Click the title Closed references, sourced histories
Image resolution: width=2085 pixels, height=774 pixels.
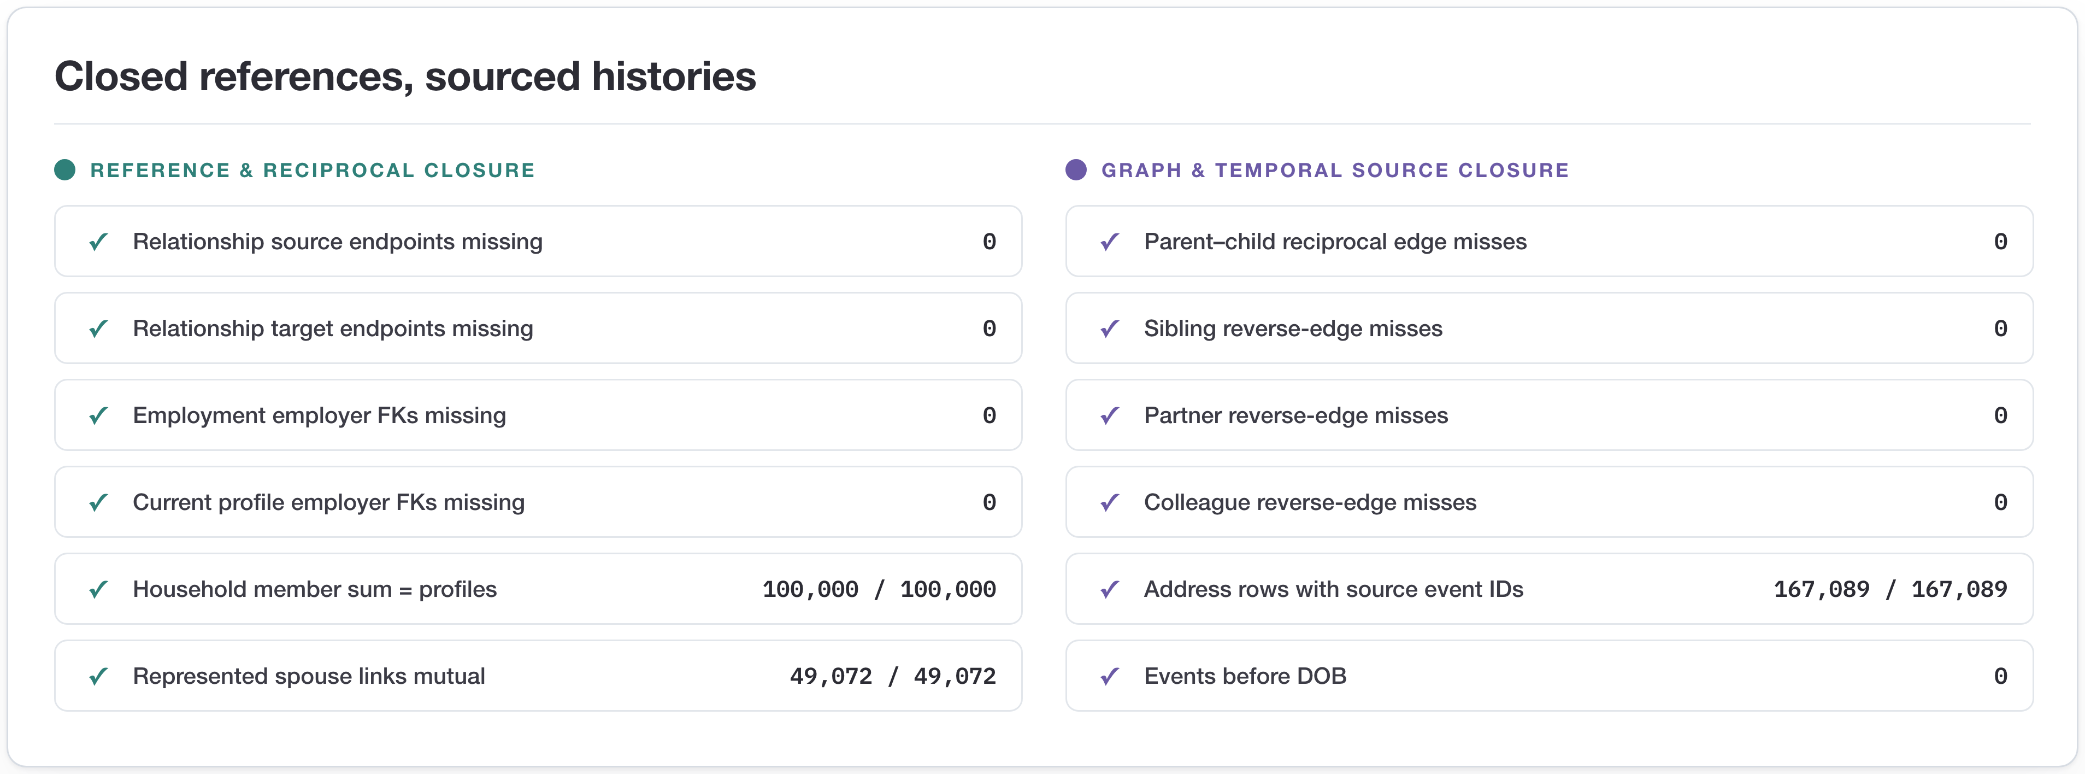[405, 77]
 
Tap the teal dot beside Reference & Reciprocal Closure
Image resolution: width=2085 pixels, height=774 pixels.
[65, 170]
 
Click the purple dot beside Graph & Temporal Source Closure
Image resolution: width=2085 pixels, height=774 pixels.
[1076, 170]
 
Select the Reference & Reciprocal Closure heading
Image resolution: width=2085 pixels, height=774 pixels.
[313, 170]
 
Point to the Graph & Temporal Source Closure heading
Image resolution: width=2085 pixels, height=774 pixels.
[1335, 170]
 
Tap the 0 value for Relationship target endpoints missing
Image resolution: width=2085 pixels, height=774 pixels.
[989, 329]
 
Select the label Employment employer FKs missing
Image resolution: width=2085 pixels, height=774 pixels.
[319, 415]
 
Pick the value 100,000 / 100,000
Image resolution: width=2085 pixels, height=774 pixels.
[879, 589]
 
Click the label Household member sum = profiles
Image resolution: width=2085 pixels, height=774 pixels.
[315, 589]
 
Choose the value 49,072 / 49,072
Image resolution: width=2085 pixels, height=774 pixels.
[893, 676]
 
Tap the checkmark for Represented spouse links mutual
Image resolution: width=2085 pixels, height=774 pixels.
[99, 676]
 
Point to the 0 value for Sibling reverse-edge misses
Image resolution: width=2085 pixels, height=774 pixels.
[2000, 329]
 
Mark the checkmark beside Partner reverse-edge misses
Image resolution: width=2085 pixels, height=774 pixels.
[1110, 415]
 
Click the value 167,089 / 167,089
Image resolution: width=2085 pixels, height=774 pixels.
[1890, 589]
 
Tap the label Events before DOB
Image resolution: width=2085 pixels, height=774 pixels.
[1245, 676]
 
